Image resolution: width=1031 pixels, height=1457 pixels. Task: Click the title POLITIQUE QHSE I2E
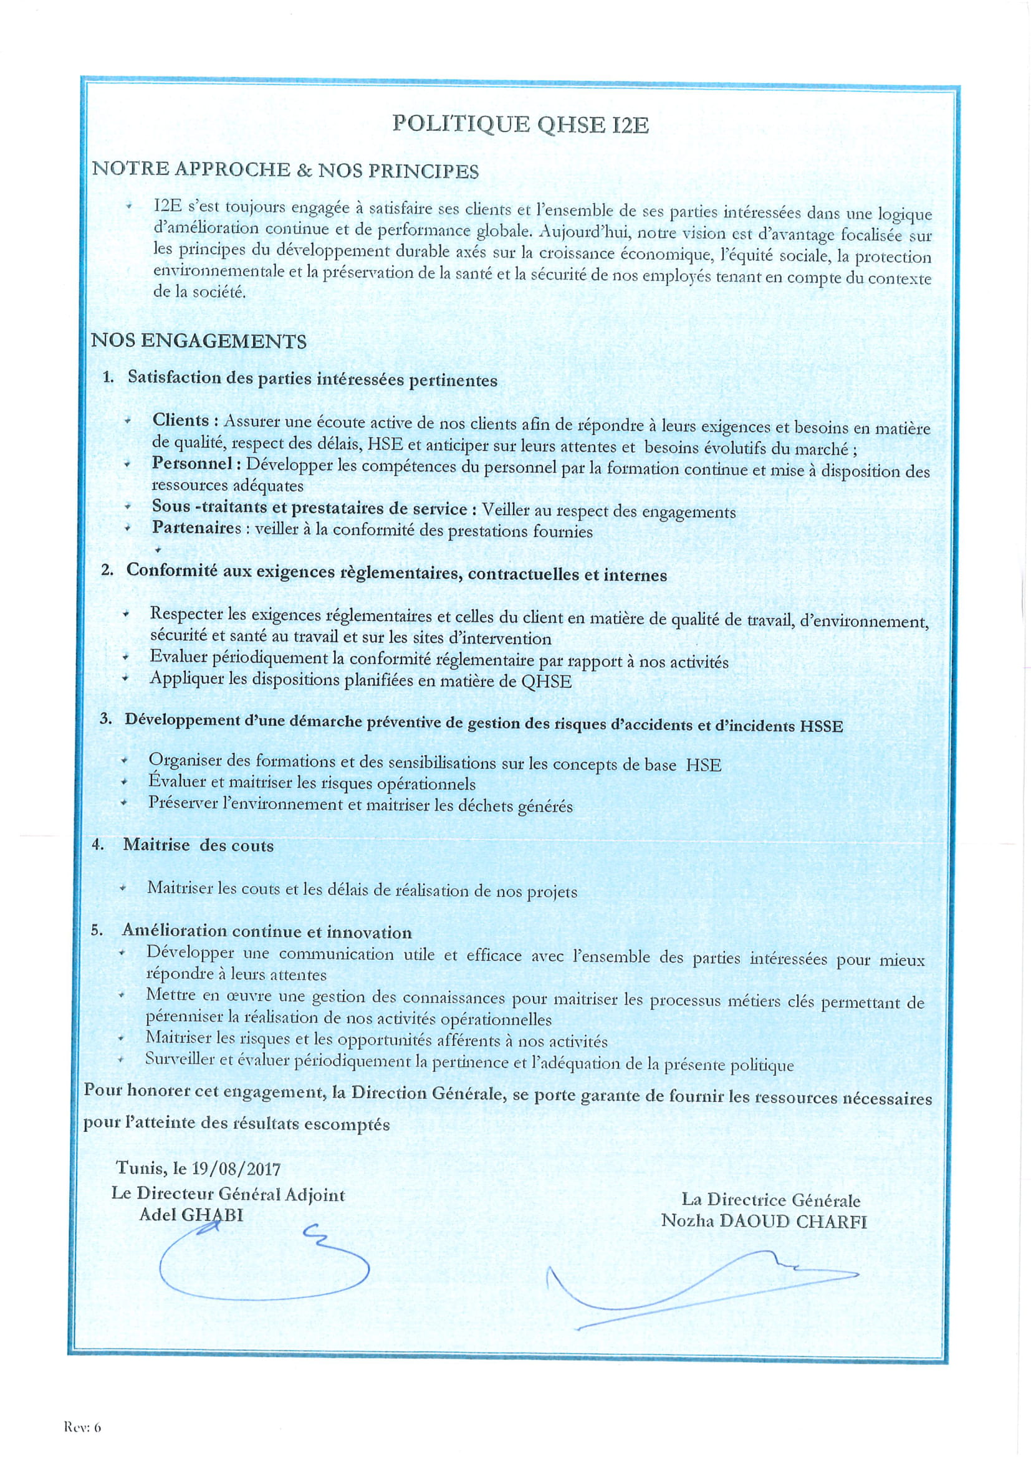coord(520,124)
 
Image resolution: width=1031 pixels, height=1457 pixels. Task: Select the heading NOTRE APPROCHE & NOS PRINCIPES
coord(285,170)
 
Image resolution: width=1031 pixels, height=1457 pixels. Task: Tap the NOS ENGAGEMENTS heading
coord(199,341)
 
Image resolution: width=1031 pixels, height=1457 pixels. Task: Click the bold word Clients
coord(181,420)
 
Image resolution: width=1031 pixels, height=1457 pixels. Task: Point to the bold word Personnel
coord(192,463)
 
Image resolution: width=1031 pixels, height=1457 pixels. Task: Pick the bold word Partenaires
coord(197,528)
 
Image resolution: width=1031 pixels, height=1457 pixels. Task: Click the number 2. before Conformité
coord(107,570)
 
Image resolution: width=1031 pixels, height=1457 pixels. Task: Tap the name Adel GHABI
coord(191,1215)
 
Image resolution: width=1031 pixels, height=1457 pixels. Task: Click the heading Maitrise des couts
coord(198,845)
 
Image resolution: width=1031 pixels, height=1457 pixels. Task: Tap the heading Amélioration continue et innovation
coord(267,931)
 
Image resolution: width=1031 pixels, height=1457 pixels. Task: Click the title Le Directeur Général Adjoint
coord(228,1194)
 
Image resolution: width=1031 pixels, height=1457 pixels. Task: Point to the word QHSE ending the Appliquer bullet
coord(546,682)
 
